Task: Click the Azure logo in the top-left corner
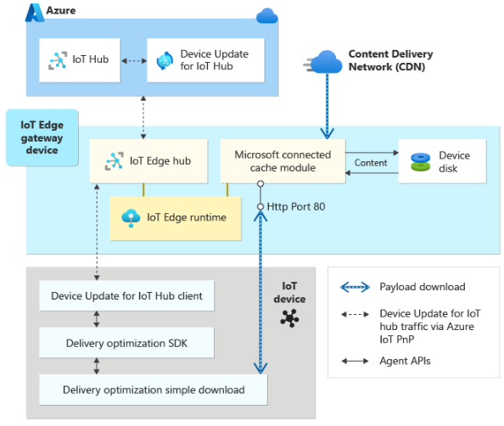click(x=35, y=12)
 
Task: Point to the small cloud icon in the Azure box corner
click(x=266, y=16)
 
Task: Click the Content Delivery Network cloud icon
click(x=324, y=62)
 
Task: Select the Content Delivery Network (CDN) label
click(x=386, y=61)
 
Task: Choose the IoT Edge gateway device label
click(x=42, y=137)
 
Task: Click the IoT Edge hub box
click(x=148, y=160)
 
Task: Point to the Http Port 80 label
click(x=295, y=206)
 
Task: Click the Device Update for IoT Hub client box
click(x=126, y=296)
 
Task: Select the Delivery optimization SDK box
click(x=126, y=343)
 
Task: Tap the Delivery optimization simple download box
click(x=154, y=390)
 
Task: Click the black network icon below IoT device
click(x=289, y=318)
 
